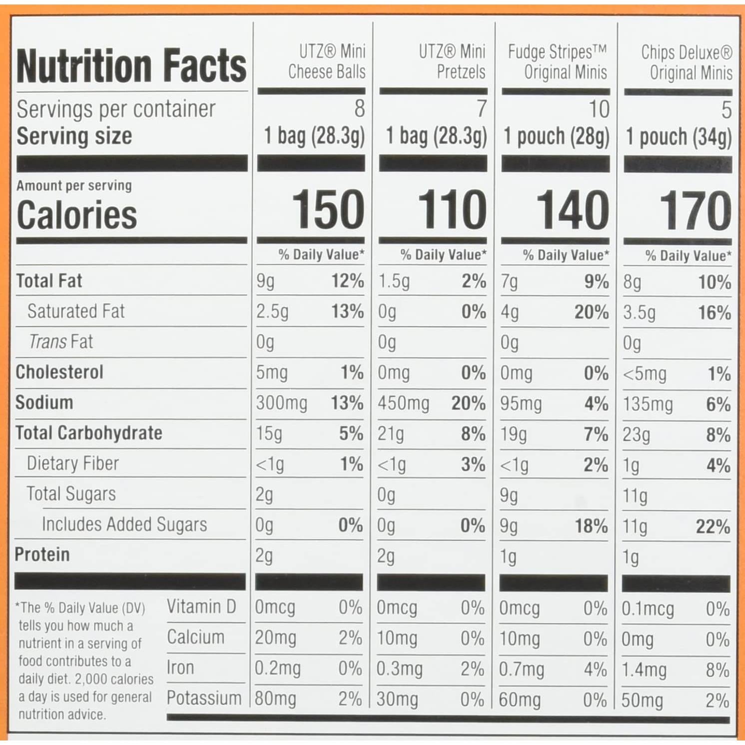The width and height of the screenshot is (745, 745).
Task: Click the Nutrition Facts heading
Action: pyautogui.click(x=131, y=65)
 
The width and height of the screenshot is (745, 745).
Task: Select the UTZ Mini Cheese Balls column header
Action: pyautogui.click(x=327, y=61)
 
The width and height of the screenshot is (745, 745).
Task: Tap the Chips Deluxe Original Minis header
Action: pyautogui.click(x=687, y=62)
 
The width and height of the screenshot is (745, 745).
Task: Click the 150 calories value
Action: pyautogui.click(x=328, y=210)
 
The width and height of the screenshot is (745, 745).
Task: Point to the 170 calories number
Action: pyautogui.click(x=696, y=211)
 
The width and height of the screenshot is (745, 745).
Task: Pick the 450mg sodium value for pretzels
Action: pyautogui.click(x=403, y=403)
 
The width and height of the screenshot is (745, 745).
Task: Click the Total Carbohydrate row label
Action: pyautogui.click(x=89, y=433)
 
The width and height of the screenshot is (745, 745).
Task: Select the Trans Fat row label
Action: pyautogui.click(x=61, y=342)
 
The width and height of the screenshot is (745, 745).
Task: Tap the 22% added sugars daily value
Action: pyautogui.click(x=713, y=527)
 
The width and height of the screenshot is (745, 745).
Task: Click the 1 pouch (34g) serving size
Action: pyautogui.click(x=679, y=136)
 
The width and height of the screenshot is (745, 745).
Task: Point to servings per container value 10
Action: pyautogui.click(x=599, y=109)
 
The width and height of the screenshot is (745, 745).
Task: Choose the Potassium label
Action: pyautogui.click(x=204, y=698)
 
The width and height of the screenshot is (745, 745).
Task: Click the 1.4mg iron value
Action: pyautogui.click(x=644, y=670)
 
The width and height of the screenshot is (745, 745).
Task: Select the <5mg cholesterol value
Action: pyautogui.click(x=645, y=374)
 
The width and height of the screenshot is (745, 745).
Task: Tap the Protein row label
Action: pyautogui.click(x=42, y=555)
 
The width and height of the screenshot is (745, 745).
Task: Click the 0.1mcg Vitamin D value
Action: pyautogui.click(x=648, y=609)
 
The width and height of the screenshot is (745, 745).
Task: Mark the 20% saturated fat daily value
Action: pyautogui.click(x=592, y=312)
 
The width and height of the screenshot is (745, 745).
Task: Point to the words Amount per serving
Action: pyautogui.click(x=74, y=186)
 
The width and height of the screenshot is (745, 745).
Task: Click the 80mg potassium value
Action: pyautogui.click(x=275, y=699)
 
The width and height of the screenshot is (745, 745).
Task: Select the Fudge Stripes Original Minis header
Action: pyautogui.click(x=558, y=62)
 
